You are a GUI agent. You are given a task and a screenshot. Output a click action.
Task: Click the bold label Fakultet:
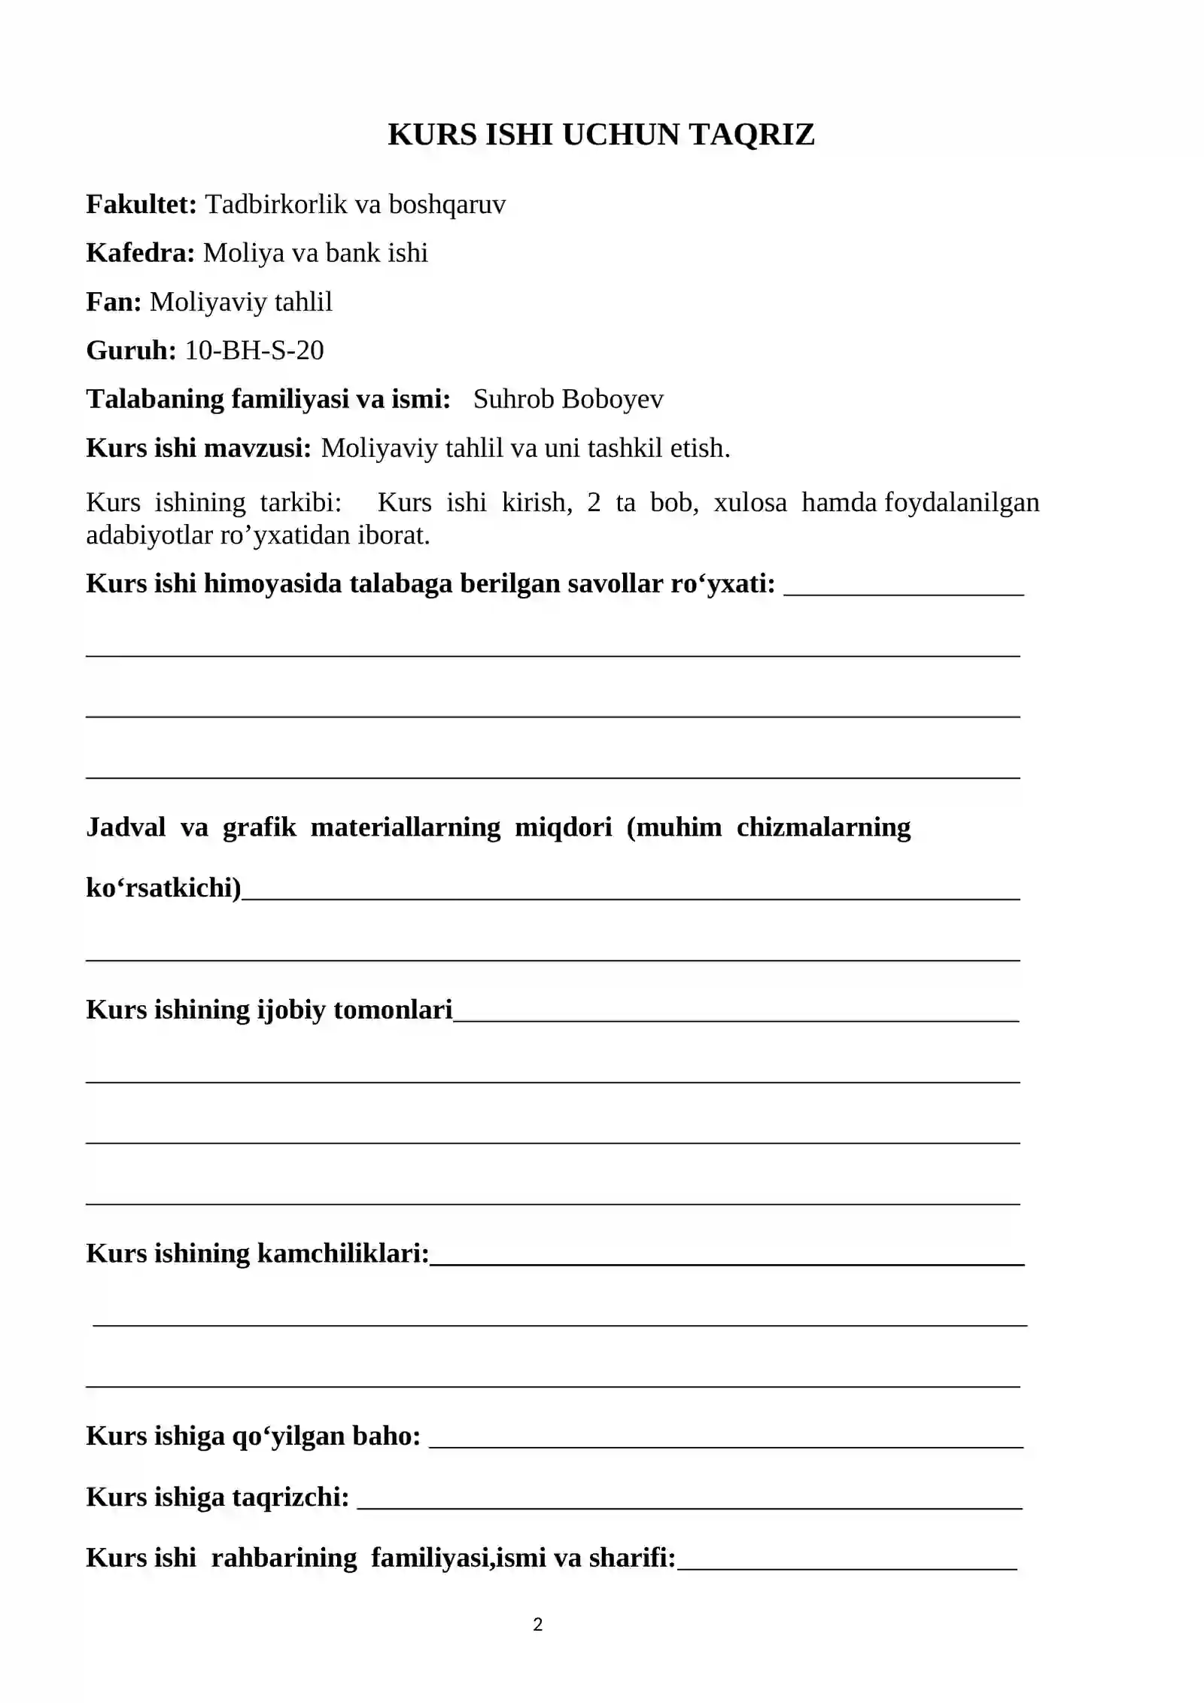141,204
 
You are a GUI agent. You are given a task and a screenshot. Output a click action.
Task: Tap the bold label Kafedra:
141,253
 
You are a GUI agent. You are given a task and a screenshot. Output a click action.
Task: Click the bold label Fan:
114,302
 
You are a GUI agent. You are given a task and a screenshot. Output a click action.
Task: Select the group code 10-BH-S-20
254,350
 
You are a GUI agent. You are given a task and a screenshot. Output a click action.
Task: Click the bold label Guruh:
131,351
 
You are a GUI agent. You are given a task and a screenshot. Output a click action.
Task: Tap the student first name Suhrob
513,399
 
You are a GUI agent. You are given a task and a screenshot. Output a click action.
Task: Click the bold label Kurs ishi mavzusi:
199,448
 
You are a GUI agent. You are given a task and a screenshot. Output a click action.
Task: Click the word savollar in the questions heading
615,583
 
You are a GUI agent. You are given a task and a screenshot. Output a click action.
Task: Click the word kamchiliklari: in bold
343,1253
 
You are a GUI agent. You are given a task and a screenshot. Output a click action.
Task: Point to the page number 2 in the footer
537,1625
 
